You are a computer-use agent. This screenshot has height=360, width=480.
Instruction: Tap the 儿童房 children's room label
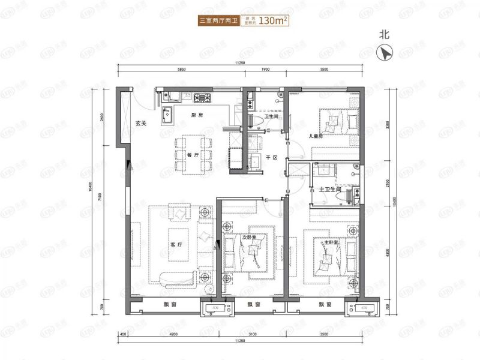click(x=316, y=136)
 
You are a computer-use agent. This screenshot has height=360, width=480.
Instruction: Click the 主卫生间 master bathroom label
click(x=330, y=189)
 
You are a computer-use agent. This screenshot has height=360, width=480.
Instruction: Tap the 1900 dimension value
click(x=265, y=70)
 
